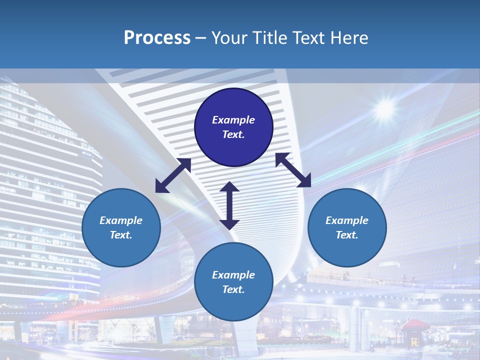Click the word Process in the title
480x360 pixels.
[157, 38]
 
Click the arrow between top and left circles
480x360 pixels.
[173, 175]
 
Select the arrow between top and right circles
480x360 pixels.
[293, 170]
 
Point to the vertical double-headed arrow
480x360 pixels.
[229, 205]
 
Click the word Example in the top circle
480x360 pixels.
[233, 120]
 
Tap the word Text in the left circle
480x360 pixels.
[121, 235]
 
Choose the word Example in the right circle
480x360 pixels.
[347, 220]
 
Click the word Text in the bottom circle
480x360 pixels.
[233, 289]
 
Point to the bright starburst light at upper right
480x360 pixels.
[385, 108]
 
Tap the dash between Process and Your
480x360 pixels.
[201, 38]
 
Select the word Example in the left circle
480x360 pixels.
[121, 220]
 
